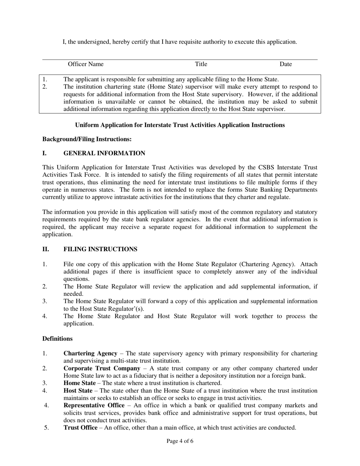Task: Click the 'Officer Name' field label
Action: [x=85, y=64]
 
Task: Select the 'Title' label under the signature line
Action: [x=201, y=64]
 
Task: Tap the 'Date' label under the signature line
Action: [x=286, y=64]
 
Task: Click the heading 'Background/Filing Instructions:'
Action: [x=87, y=139]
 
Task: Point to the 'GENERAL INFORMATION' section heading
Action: [x=104, y=153]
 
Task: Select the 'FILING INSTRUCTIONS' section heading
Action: [x=100, y=249]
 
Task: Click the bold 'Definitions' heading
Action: [x=57, y=339]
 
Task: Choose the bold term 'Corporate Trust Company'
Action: [x=102, y=368]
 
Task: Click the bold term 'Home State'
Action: [x=79, y=383]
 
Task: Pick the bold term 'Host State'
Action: [x=78, y=391]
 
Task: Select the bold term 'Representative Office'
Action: [x=94, y=405]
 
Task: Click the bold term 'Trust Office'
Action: [x=80, y=428]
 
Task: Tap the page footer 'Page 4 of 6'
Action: [x=180, y=441]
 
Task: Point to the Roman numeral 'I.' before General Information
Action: [x=44, y=153]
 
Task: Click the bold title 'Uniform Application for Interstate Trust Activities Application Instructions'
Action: [x=180, y=125]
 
